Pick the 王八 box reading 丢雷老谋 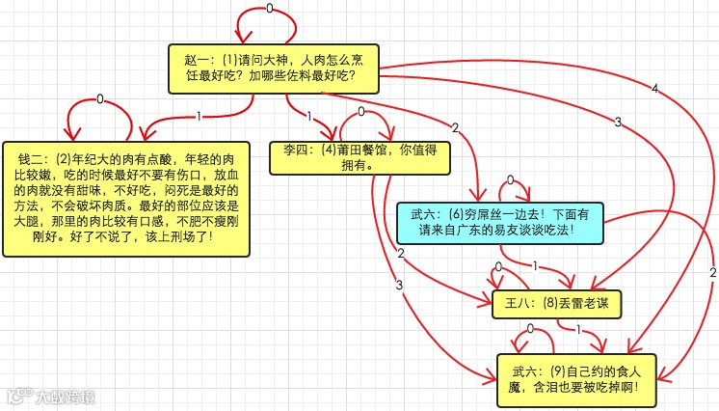coord(555,303)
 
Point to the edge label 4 coord(654,89)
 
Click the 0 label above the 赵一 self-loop coord(269,9)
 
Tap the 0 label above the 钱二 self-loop coord(99,98)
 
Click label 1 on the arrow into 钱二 coord(199,117)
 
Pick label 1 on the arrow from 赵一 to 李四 coord(308,117)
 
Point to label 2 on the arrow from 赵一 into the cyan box coord(454,127)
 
